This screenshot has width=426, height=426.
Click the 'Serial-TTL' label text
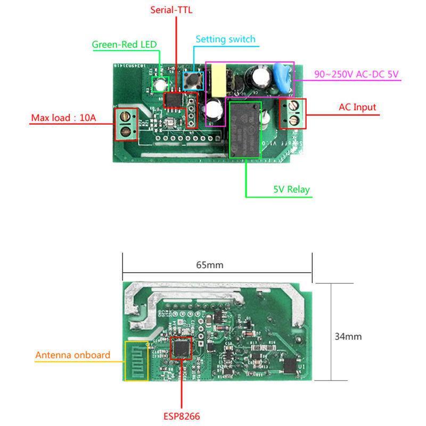(171, 10)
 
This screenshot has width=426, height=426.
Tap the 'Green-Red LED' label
(125, 45)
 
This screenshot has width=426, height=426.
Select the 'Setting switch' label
(225, 39)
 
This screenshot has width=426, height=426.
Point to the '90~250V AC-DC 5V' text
(356, 75)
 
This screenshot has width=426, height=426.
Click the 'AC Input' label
(357, 107)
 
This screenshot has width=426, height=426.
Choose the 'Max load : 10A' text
(63, 118)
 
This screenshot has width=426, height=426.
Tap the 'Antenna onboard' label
(73, 355)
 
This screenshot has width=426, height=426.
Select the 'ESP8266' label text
(182, 416)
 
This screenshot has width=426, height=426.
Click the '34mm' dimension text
(348, 337)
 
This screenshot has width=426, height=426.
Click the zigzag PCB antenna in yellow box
(136, 361)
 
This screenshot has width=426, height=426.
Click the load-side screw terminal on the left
(126, 123)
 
